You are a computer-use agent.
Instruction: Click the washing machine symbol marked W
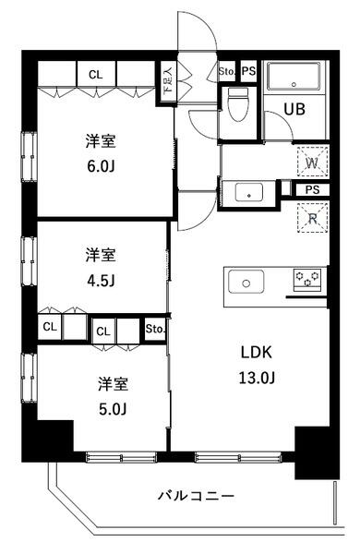(x=311, y=163)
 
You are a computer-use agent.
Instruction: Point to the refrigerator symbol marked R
(x=311, y=220)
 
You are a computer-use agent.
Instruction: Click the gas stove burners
(x=307, y=278)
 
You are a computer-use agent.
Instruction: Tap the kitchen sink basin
(x=247, y=281)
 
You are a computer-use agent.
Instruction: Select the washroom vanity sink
(x=248, y=193)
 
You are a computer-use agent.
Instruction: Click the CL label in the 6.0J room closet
(x=95, y=75)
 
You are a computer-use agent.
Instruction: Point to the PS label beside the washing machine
(x=313, y=189)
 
